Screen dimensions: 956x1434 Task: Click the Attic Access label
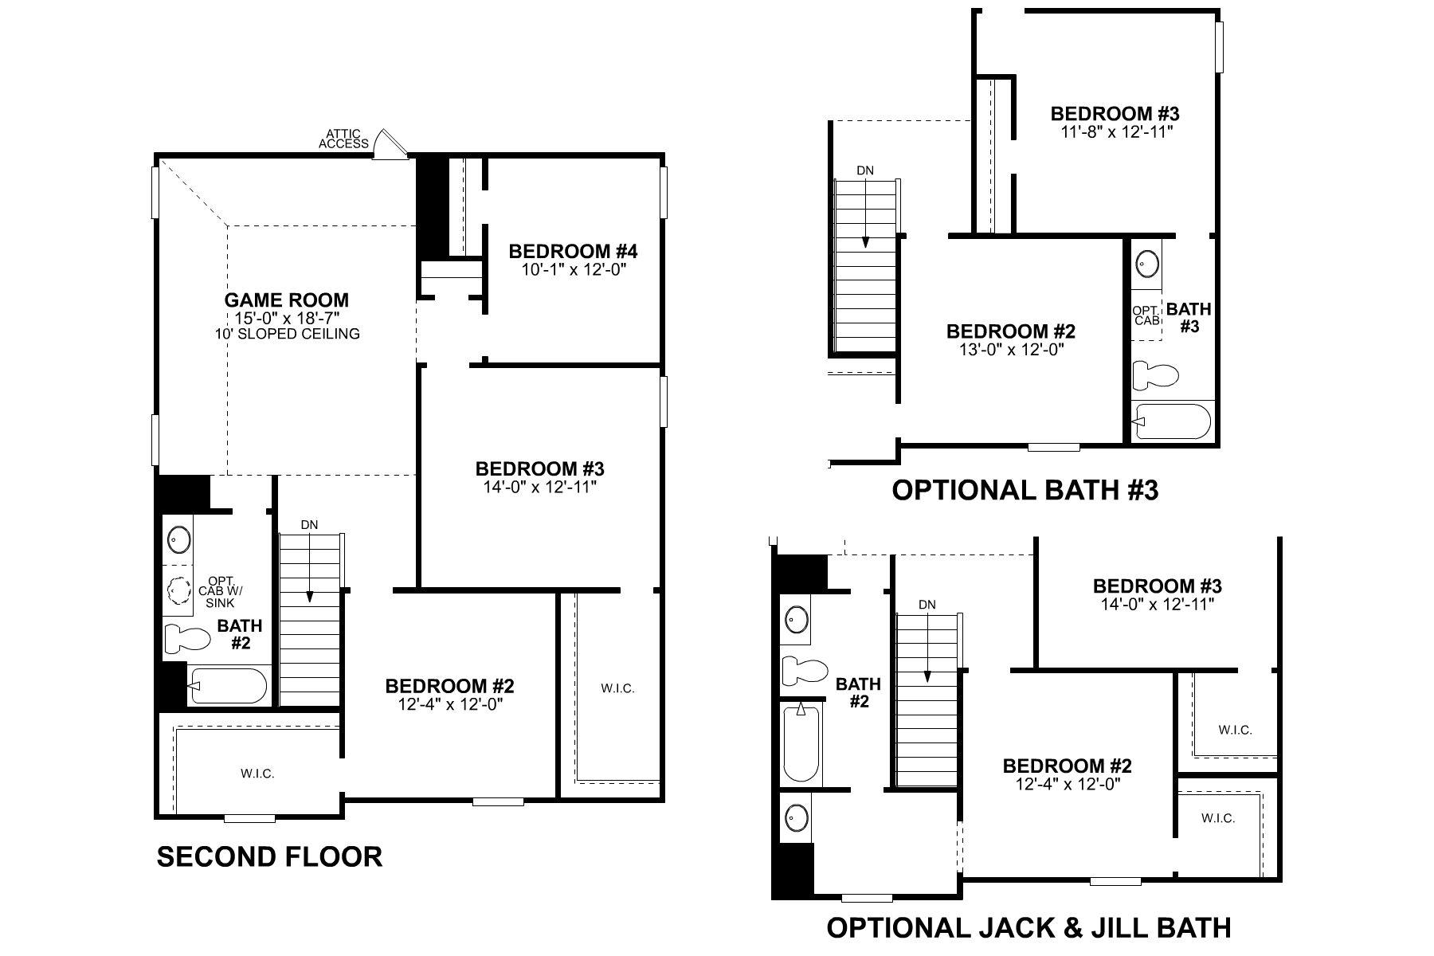click(x=343, y=139)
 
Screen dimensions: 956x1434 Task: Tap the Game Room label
click(x=286, y=300)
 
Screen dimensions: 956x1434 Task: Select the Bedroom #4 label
click(x=573, y=252)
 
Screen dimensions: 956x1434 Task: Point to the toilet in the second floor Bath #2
click(x=186, y=639)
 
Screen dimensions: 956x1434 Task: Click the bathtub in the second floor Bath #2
click(x=228, y=686)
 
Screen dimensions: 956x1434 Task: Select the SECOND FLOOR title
click(x=269, y=857)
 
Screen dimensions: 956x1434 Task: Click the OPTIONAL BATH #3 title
click(x=1025, y=490)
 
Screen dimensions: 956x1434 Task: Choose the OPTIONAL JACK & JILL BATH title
click(x=1028, y=928)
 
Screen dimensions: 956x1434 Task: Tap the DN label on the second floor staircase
click(x=309, y=525)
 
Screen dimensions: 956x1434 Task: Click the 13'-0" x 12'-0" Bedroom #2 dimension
click(x=1011, y=349)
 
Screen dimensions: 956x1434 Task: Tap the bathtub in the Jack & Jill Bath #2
click(x=801, y=742)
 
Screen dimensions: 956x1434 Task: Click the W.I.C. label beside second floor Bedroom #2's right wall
click(x=618, y=688)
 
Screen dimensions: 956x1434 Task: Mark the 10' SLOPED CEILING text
click(x=287, y=334)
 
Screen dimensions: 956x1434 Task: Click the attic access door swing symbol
click(x=390, y=145)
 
